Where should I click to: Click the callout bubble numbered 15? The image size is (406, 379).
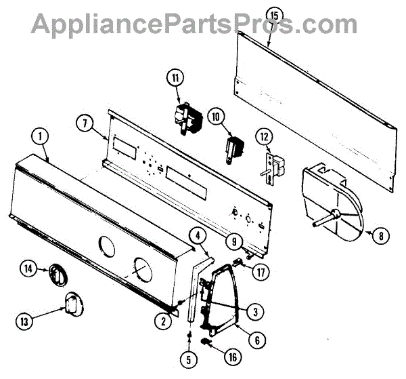pyautogui.click(x=273, y=15)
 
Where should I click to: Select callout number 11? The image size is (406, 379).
pyautogui.click(x=177, y=79)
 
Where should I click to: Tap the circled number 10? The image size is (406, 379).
pyautogui.click(x=216, y=117)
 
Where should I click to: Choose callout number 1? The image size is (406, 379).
pyautogui.click(x=41, y=136)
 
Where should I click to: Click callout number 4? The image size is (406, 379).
pyautogui.click(x=197, y=235)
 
